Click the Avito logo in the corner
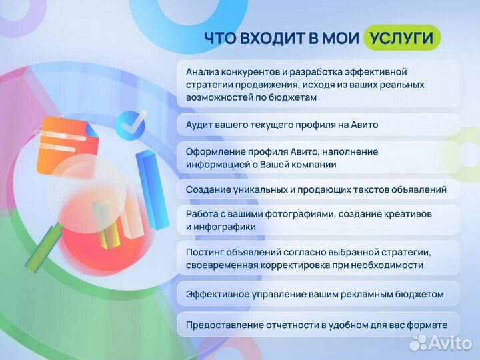click(440, 342)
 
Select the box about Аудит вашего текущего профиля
click(319, 125)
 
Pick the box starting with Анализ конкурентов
click(319, 84)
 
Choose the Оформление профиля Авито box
click(319, 158)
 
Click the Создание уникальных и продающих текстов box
click(319, 190)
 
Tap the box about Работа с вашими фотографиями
click(319, 221)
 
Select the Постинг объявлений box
click(319, 258)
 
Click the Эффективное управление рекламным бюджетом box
click(319, 294)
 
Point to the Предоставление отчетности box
click(319, 325)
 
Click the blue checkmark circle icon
click(130, 125)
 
